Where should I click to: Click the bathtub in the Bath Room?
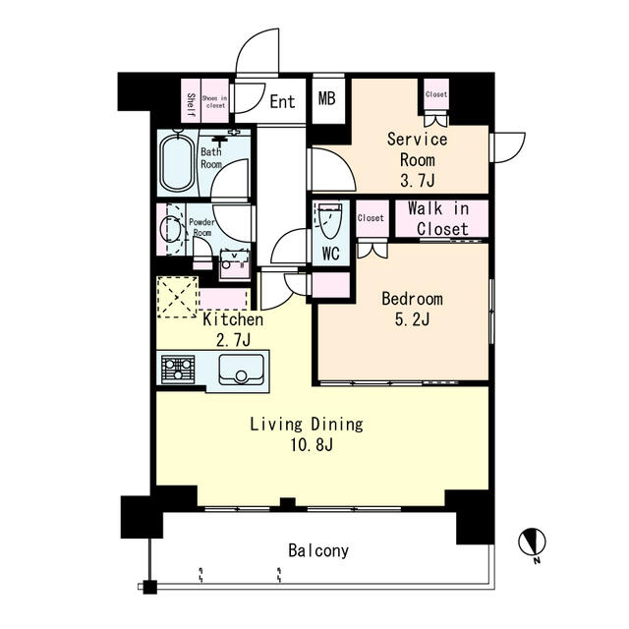177,162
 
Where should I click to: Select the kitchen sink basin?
242,369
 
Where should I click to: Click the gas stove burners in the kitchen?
178,369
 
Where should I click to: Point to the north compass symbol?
533,543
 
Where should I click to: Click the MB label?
327,98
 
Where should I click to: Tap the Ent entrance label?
282,101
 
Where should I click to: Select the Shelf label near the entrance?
191,105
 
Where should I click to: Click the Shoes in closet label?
215,101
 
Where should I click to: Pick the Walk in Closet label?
439,219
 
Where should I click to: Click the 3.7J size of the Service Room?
418,181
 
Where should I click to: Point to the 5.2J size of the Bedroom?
413,319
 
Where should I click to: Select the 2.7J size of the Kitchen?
234,340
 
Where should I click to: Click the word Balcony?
318,550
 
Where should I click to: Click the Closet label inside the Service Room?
436,94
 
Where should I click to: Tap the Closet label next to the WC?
371,218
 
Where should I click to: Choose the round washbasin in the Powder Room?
170,229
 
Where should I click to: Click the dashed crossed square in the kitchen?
177,297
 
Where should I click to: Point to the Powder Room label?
201,227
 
